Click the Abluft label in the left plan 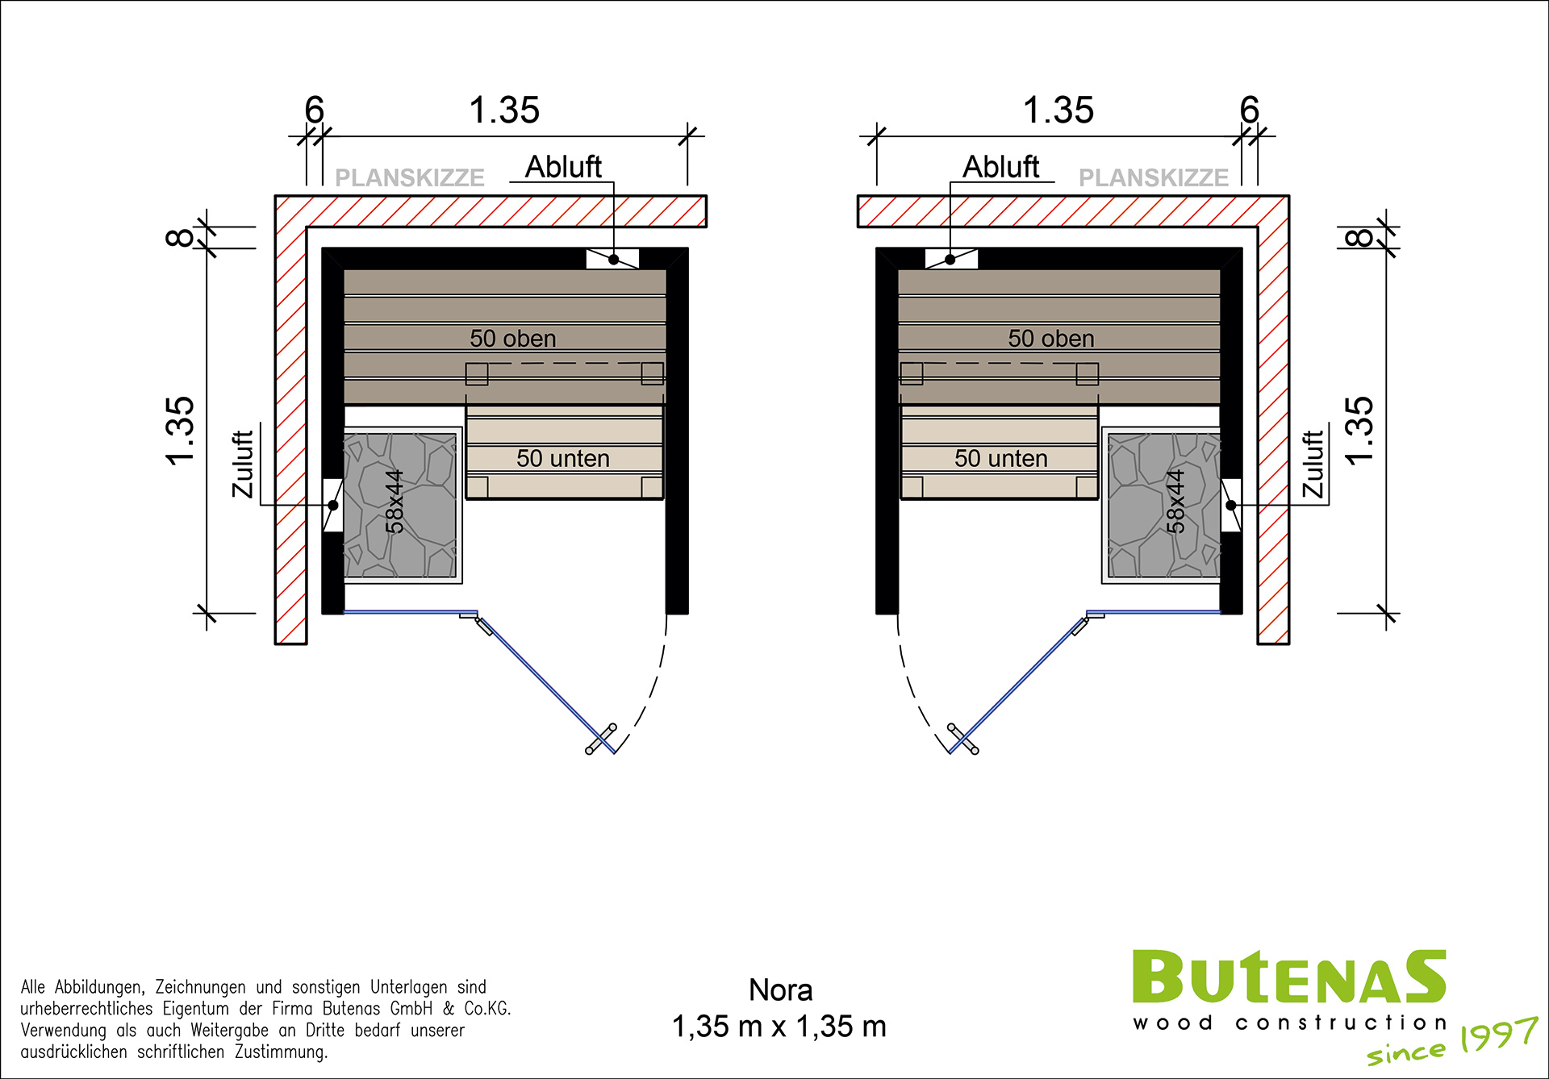point(563,167)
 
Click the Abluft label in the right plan point(1000,167)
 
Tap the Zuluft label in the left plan point(243,464)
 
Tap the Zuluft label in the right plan point(1313,464)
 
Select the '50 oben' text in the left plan point(513,339)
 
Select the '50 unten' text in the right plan point(1000,458)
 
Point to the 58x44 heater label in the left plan point(394,502)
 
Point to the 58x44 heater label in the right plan point(1175,502)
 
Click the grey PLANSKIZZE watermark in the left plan point(410,177)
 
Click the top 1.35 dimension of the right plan point(1058,110)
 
